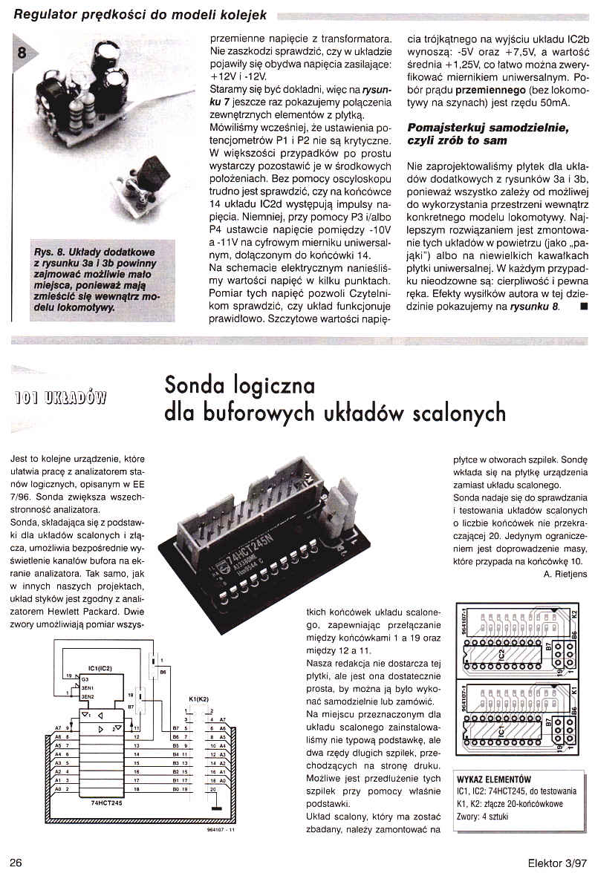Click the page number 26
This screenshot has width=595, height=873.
(x=16, y=861)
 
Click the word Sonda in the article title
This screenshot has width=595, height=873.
(x=198, y=385)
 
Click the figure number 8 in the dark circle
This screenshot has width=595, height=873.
(x=22, y=52)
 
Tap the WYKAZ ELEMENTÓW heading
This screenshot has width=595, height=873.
(x=495, y=780)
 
